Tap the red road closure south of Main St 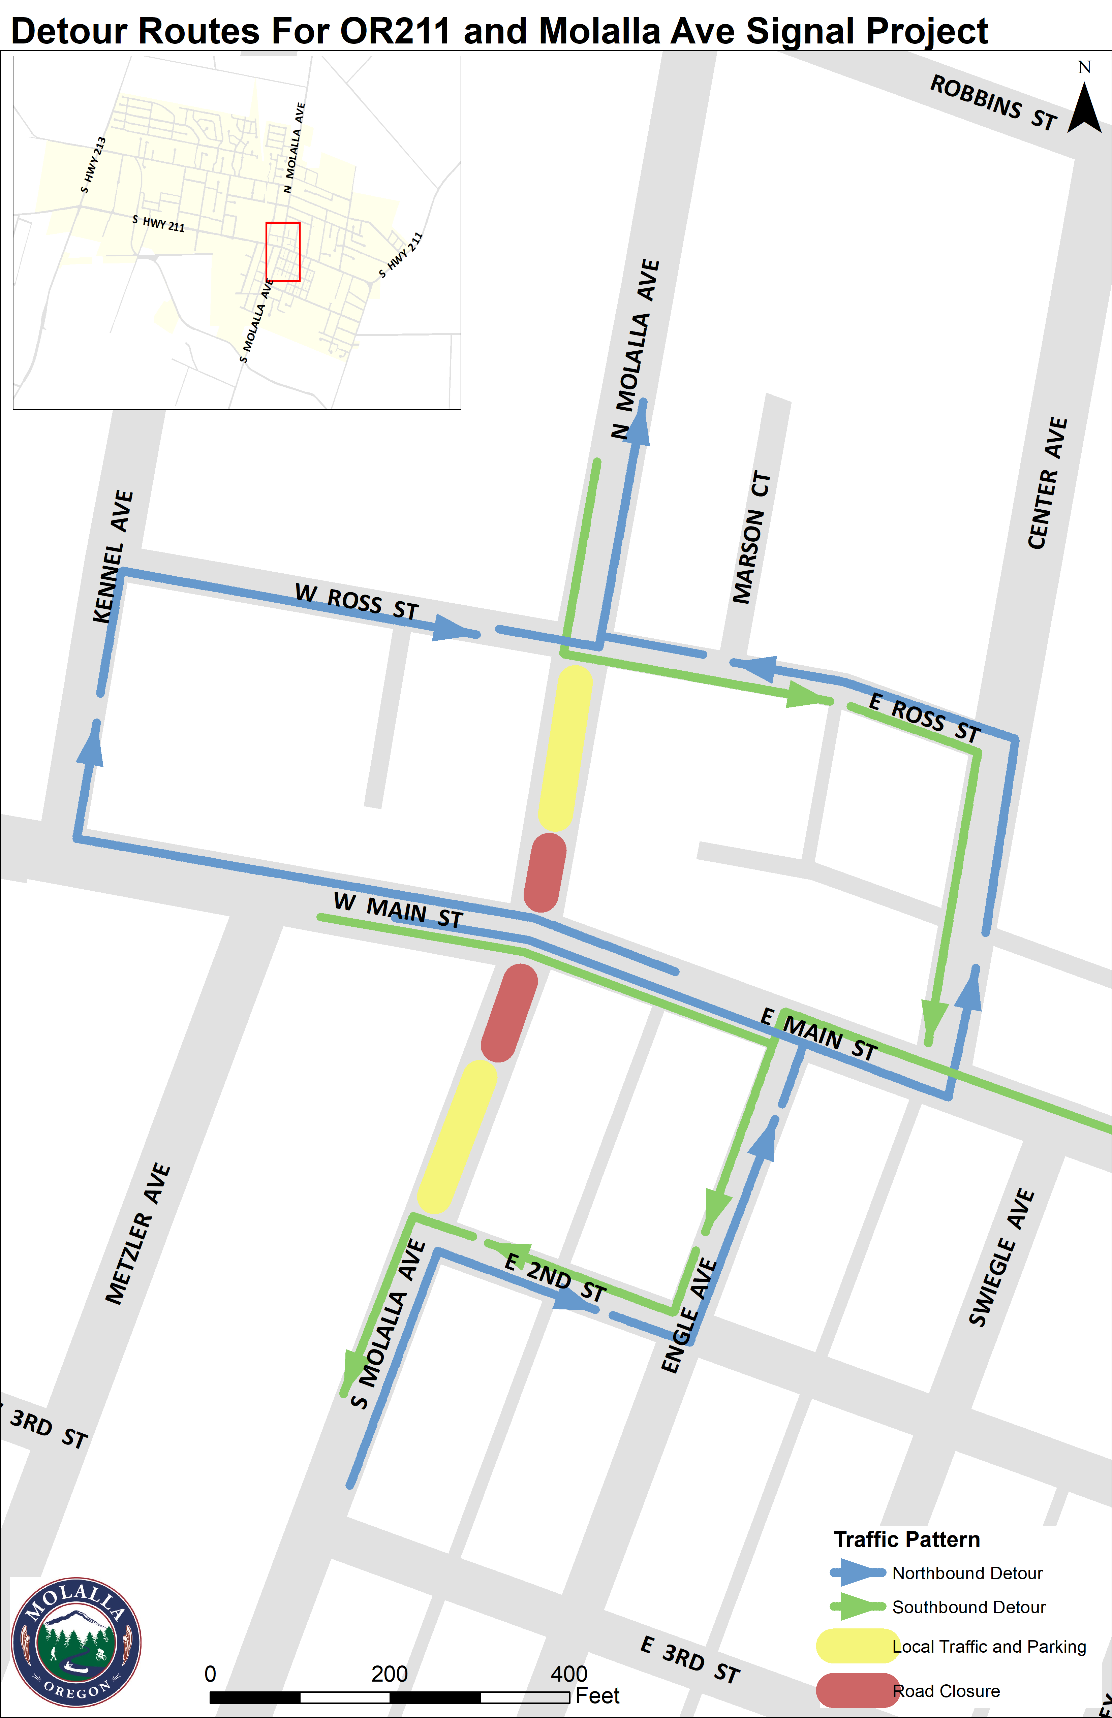pyautogui.click(x=509, y=1013)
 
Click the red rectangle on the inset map pyautogui.click(x=283, y=251)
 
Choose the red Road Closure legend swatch pyautogui.click(x=856, y=1691)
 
